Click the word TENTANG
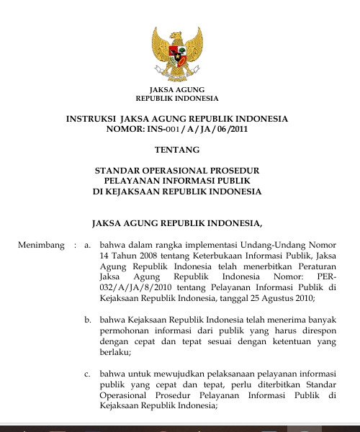coord(177,150)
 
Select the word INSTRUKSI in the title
coord(91,119)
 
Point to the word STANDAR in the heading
coord(117,171)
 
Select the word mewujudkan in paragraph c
coord(170,374)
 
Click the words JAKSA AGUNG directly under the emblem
coord(177,89)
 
